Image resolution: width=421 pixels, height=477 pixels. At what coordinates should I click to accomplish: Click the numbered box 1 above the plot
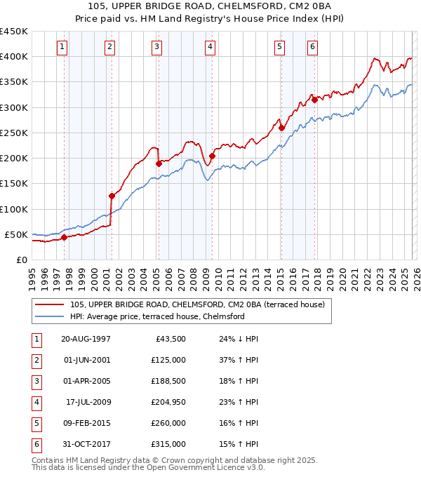[x=62, y=47]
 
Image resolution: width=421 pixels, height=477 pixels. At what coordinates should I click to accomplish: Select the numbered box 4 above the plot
[x=210, y=47]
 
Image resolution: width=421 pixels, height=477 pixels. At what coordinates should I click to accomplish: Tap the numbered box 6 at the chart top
[x=312, y=47]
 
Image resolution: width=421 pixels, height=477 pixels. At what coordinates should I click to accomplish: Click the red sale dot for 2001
[x=112, y=196]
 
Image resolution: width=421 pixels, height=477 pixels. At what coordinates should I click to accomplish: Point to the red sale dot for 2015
[x=281, y=128]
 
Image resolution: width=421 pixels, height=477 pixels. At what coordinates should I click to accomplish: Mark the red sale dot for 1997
[x=64, y=237]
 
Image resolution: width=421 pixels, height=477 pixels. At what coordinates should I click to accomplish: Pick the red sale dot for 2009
[x=212, y=156]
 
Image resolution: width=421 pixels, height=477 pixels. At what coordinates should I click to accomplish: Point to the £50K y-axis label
[x=17, y=234]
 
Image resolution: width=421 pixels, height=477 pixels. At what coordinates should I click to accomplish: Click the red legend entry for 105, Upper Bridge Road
[x=196, y=304]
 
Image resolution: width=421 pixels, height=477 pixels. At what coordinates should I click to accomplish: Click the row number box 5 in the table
[x=35, y=423]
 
